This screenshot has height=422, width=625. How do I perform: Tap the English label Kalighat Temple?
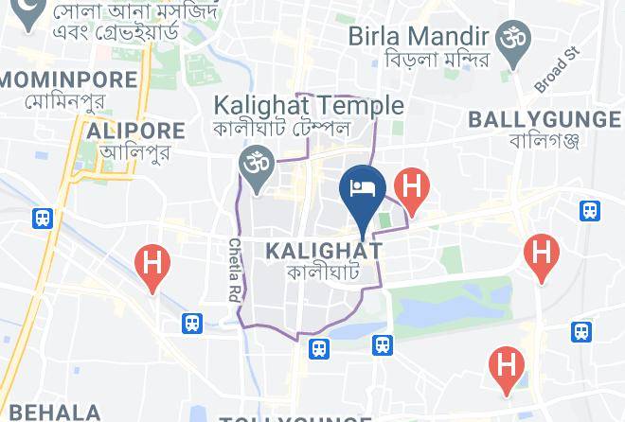[x=309, y=105]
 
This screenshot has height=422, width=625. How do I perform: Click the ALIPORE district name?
[x=135, y=131]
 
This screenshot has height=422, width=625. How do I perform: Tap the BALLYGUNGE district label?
[x=544, y=118]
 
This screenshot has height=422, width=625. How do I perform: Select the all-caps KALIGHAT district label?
[x=324, y=251]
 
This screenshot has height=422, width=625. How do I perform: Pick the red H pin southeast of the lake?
[x=507, y=366]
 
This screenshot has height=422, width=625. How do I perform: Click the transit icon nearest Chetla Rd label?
[x=193, y=324]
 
